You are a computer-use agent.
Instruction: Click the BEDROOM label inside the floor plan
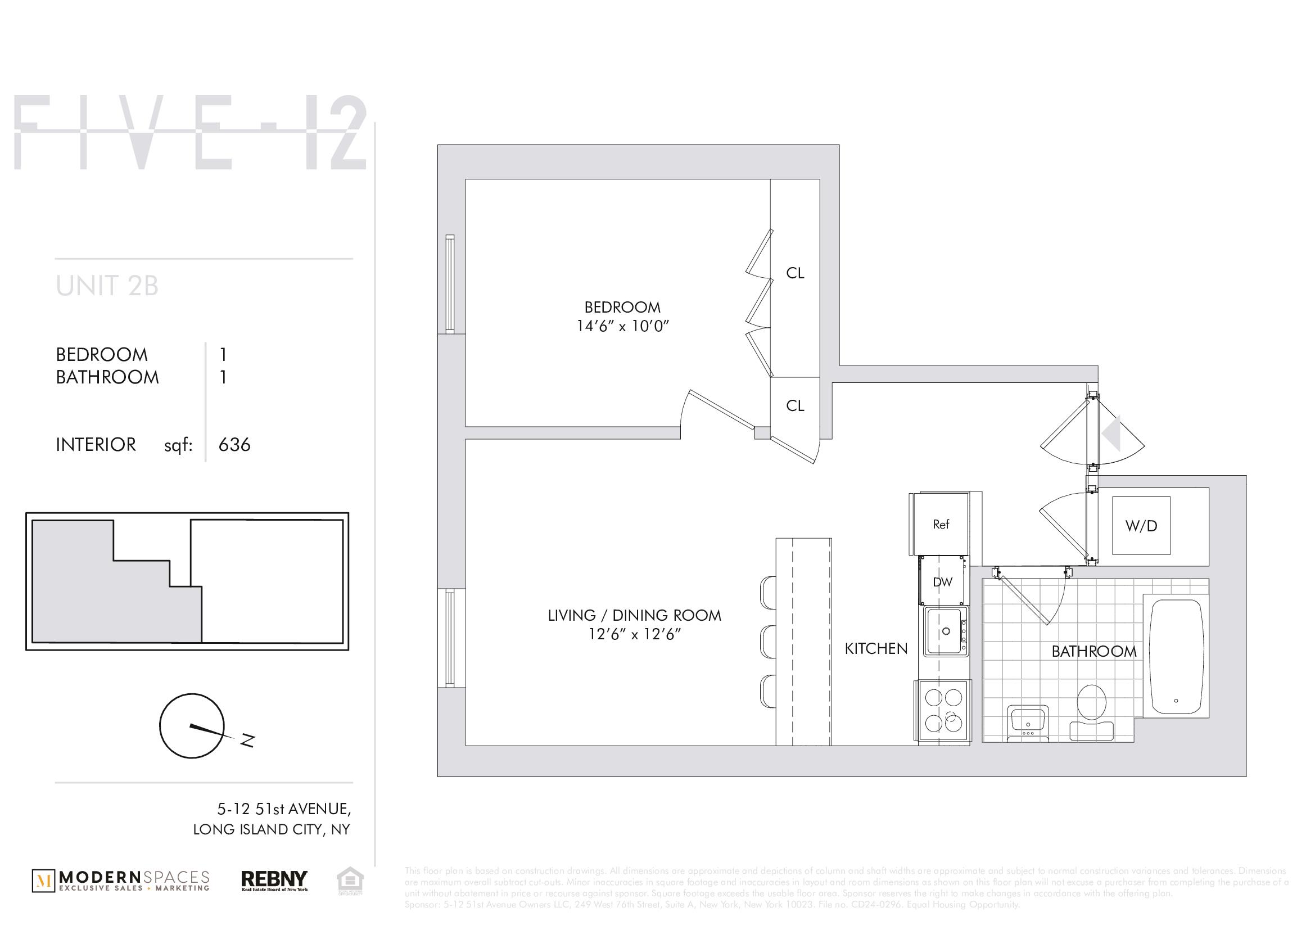point(622,307)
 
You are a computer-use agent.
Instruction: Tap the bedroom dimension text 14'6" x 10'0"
point(622,327)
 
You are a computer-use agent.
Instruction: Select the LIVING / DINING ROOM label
point(634,616)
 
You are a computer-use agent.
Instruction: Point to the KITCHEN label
point(876,649)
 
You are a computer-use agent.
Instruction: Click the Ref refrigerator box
point(941,524)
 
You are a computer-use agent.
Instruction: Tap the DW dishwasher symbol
point(942,583)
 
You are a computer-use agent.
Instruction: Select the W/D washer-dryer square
point(1141,526)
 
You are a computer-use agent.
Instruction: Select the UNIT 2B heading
point(107,286)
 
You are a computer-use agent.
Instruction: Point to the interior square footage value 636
point(234,445)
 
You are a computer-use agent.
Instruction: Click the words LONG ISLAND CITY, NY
point(271,829)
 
